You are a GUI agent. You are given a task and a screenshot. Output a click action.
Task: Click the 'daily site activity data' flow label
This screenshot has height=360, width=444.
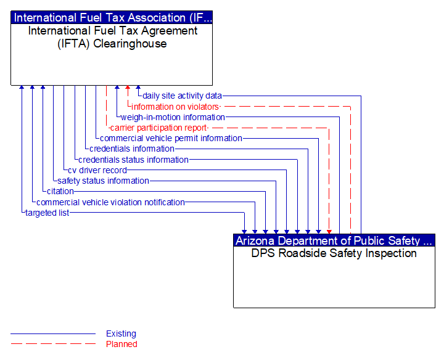coord(182,96)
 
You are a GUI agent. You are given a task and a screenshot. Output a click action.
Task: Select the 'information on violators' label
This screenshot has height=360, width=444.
coord(175,107)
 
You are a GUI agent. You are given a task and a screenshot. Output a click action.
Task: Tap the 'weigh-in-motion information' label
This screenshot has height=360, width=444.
coord(173,117)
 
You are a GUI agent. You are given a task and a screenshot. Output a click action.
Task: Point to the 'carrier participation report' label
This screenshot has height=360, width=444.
coord(158,128)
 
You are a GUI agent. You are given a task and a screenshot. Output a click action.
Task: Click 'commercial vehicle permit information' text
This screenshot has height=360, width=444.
coord(171,138)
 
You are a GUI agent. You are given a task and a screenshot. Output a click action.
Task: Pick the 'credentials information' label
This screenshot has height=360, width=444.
coord(131,149)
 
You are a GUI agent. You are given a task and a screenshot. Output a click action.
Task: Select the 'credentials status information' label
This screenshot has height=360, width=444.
coord(133,160)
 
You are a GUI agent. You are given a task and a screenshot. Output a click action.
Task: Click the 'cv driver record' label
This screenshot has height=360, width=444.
coord(97,170)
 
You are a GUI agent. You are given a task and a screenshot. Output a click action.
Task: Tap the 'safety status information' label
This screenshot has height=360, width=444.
coord(103,181)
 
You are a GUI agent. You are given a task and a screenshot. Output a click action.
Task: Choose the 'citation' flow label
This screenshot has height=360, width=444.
coord(60,191)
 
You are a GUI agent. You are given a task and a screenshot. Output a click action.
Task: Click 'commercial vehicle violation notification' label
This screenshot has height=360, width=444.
coord(110,202)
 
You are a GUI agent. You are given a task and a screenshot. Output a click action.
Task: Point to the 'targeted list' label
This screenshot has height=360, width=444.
coord(47,213)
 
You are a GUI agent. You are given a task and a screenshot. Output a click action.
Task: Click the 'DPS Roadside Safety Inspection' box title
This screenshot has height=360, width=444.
coord(334,253)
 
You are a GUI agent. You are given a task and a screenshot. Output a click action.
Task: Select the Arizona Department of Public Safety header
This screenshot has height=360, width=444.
coord(334,240)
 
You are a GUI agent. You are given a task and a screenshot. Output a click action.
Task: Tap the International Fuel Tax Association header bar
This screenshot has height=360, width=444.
coord(112,18)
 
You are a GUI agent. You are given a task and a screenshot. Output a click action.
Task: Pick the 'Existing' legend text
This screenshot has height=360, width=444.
coord(121,333)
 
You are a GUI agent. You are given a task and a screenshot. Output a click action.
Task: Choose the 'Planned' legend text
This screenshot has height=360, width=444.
coord(121,344)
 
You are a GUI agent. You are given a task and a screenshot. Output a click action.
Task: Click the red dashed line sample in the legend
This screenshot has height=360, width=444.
coord(53,344)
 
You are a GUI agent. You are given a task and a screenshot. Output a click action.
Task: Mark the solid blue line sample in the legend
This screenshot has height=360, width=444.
coord(53,333)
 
